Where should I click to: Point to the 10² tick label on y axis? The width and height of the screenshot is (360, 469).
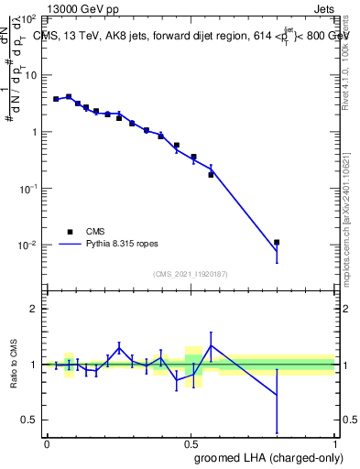click(x=27, y=18)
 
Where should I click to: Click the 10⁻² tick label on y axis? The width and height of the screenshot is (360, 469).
click(x=27, y=245)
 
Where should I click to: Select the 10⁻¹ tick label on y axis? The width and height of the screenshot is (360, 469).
click(x=27, y=189)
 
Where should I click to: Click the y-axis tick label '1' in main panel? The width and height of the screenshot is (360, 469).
click(x=34, y=132)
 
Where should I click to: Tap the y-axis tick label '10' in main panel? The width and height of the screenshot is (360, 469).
click(x=30, y=75)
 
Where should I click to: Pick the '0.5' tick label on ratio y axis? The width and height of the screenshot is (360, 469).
click(x=30, y=420)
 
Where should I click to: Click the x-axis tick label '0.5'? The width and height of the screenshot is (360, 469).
click(x=191, y=443)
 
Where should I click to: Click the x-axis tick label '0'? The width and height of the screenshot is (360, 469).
click(x=47, y=443)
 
